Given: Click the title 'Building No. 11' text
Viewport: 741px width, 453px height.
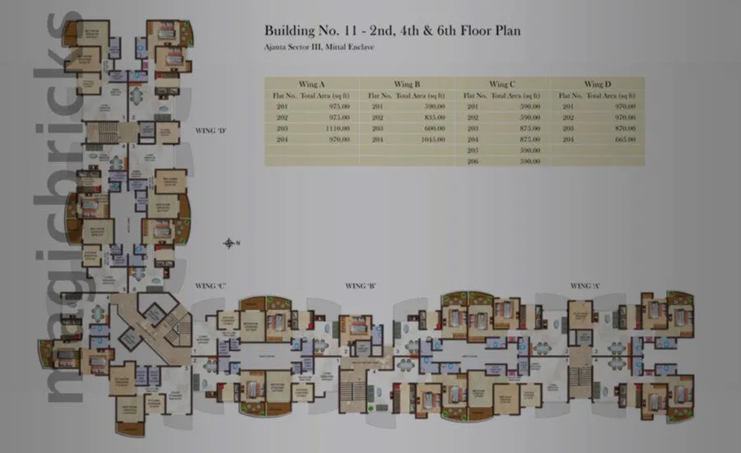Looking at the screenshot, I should point(305,31).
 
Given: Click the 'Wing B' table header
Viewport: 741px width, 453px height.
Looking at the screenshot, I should point(407,84).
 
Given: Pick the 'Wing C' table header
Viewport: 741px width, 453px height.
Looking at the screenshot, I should point(502,84).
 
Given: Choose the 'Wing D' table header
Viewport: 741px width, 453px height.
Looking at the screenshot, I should point(598,84).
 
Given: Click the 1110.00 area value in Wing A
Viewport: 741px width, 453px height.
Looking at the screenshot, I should point(338,128).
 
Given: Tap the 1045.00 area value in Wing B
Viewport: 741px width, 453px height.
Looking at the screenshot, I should point(433,140).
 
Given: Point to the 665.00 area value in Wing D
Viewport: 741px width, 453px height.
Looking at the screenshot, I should point(625,140).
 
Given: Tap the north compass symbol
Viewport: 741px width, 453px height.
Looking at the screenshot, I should point(231,242).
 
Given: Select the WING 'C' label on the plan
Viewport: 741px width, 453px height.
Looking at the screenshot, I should point(211,285).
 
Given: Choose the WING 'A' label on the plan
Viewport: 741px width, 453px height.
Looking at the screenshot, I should point(585,285).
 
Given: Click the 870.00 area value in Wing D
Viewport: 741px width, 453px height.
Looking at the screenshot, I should point(625,128).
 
